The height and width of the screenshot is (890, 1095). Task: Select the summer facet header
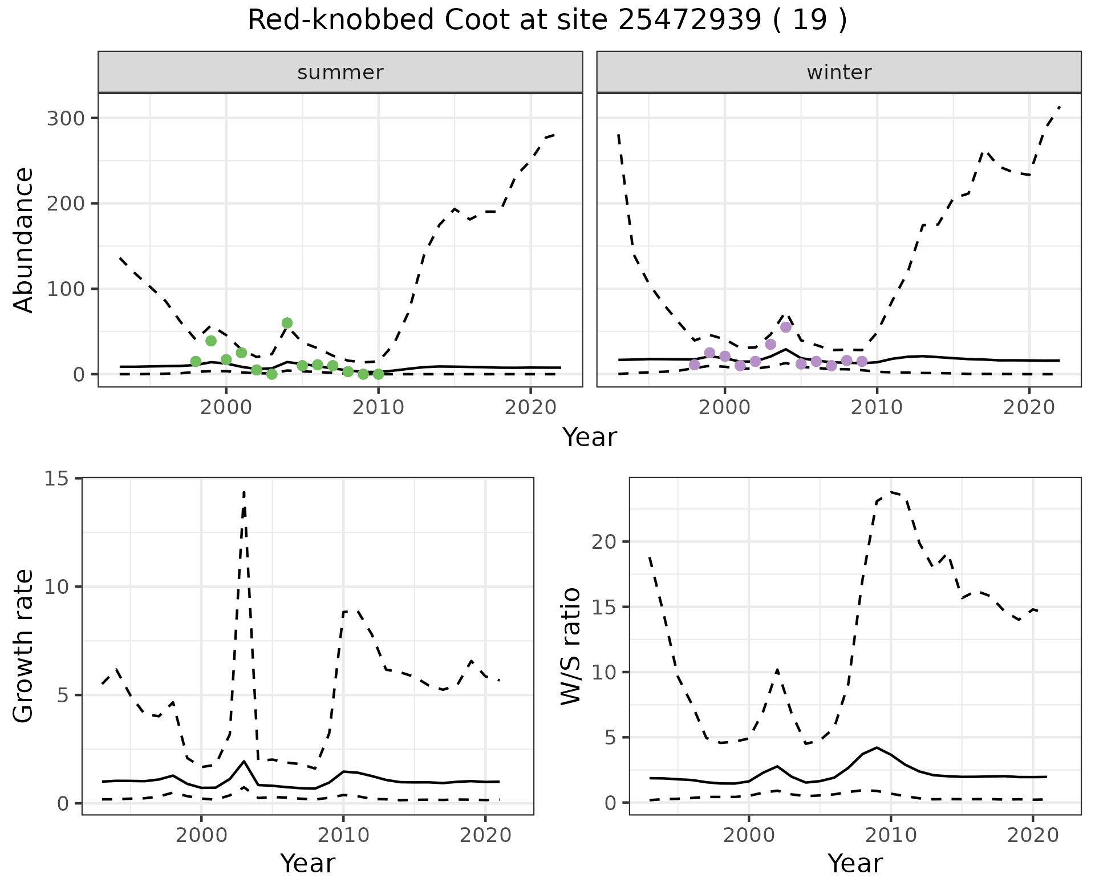coord(340,72)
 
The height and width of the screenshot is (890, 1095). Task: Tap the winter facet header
coord(839,72)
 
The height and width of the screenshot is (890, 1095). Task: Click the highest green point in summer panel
coord(287,323)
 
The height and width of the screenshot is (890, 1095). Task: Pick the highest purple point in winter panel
coord(786,327)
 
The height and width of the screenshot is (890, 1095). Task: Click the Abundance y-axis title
coord(24,240)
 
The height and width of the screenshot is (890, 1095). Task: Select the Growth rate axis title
coord(24,646)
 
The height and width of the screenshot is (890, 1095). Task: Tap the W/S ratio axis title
coord(571,646)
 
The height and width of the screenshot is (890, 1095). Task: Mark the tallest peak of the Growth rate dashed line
coord(244,491)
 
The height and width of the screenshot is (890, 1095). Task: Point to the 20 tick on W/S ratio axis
coord(605,541)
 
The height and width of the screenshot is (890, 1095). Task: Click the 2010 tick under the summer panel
coord(378,408)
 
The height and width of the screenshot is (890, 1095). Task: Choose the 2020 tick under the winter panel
coord(1029,408)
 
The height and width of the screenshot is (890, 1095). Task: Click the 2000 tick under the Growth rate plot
coord(201,836)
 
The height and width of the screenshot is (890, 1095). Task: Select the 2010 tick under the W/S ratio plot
coord(890,836)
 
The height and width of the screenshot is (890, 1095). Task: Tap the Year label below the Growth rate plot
coord(307,864)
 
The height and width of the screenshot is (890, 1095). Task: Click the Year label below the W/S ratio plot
coord(855,864)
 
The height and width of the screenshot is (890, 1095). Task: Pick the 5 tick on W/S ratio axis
coord(611,738)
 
